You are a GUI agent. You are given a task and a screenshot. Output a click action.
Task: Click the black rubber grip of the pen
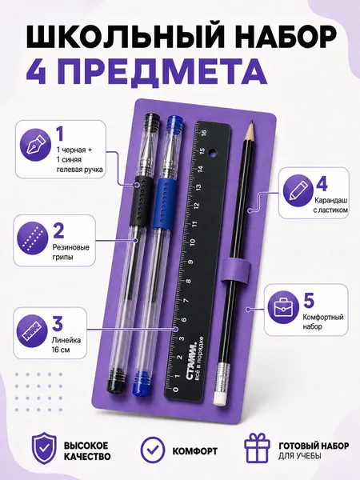[139, 201]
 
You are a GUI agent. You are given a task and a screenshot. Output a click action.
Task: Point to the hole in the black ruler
[211, 152]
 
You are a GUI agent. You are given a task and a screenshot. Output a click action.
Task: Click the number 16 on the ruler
[203, 132]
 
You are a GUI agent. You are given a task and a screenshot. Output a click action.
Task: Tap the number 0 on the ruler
[175, 390]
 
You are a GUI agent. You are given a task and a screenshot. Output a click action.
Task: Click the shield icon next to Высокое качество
[44, 448]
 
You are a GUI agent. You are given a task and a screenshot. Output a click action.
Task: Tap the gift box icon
[257, 447]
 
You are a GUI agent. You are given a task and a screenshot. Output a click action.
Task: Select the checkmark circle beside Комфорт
[153, 450]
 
